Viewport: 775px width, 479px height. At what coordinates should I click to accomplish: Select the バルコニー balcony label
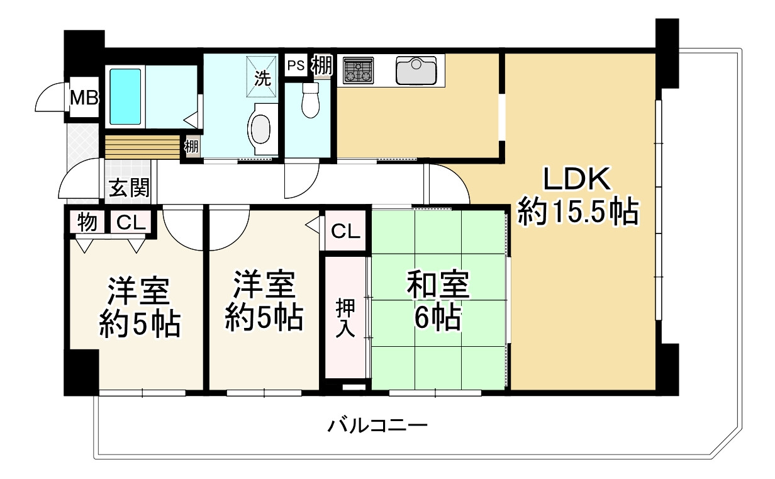377,426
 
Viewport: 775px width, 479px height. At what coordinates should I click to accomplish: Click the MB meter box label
84,98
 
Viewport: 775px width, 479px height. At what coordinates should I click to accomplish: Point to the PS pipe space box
296,64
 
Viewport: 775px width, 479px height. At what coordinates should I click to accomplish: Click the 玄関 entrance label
129,188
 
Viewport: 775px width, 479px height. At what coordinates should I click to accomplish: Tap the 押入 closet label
344,318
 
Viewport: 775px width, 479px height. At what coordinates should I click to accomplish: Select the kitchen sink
416,70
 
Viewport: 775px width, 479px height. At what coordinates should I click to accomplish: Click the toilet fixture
310,101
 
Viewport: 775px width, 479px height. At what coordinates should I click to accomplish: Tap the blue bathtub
126,96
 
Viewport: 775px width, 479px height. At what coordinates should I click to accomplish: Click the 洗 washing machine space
261,78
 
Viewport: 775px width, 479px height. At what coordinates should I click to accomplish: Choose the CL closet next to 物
131,222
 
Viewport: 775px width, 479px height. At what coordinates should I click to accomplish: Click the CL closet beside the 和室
345,232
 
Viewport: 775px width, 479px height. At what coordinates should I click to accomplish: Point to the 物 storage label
87,222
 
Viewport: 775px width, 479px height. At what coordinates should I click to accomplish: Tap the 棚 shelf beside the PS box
321,65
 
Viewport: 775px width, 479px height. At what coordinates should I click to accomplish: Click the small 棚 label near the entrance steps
191,147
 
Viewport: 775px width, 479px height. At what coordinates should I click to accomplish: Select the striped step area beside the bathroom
142,148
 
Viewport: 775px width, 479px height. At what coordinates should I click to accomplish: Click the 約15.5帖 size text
577,213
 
